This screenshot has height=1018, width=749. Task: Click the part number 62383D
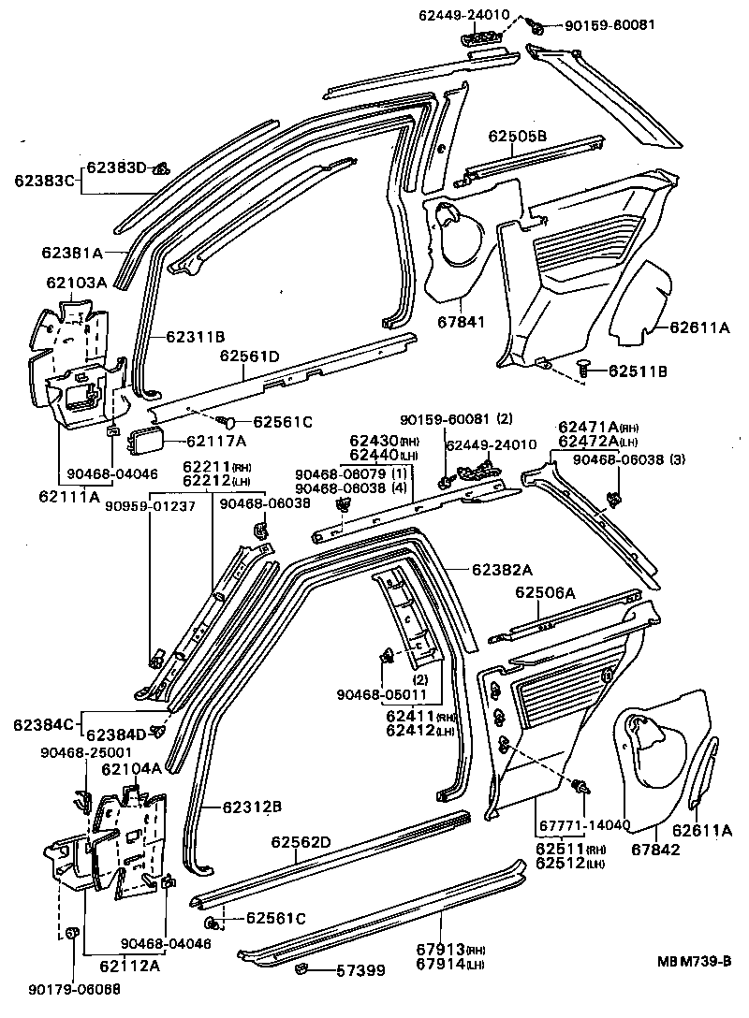point(117,167)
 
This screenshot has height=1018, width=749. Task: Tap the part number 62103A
point(78,282)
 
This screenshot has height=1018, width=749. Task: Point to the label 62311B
point(196,335)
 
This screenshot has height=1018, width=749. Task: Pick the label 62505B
point(517,136)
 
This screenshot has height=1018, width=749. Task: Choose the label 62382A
point(502,569)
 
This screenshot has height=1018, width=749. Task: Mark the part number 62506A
point(545,592)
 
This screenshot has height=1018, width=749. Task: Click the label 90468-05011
point(382,694)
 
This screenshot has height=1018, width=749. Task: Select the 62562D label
point(301,842)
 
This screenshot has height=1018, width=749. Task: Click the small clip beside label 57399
point(303,968)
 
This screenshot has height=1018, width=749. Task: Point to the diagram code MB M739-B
point(694,960)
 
